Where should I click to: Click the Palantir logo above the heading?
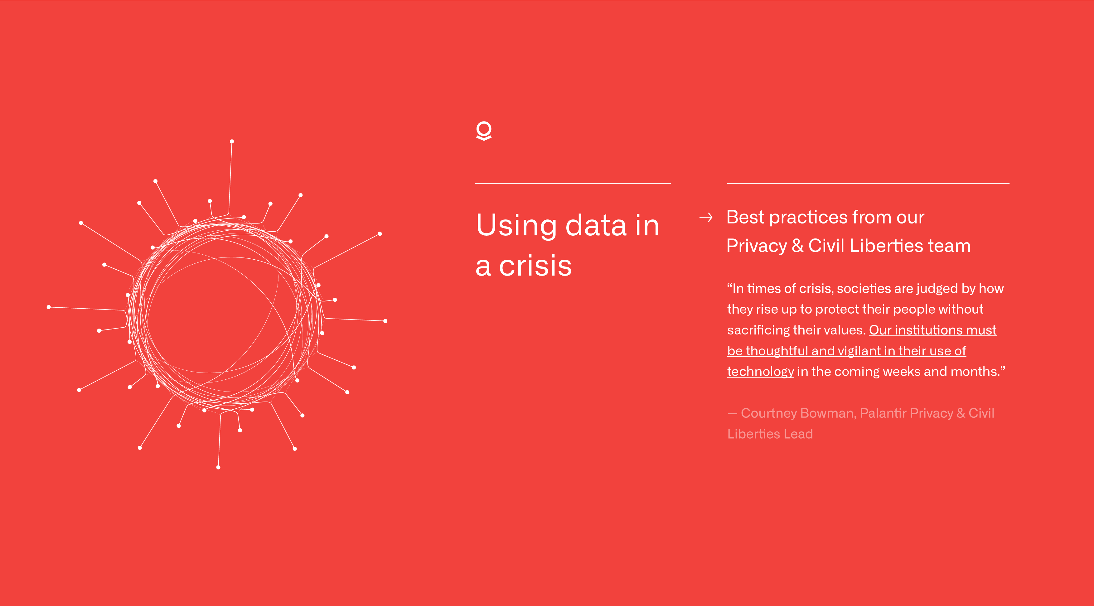[484, 131]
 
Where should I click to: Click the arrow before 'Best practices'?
[706, 217]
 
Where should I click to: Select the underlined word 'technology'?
[760, 372]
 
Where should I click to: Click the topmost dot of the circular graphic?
[232, 141]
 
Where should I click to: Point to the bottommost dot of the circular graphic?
[218, 467]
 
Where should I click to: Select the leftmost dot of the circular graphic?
[49, 307]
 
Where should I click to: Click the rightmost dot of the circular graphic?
[385, 321]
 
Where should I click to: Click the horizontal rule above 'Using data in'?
[573, 183]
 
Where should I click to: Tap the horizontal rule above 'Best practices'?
[868, 183]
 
